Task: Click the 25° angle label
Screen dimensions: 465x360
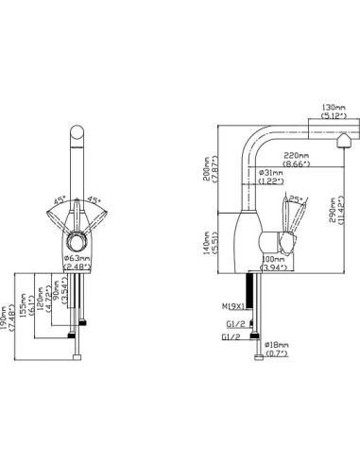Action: tap(295, 199)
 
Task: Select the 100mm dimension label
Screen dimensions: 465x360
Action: tap(273, 258)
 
